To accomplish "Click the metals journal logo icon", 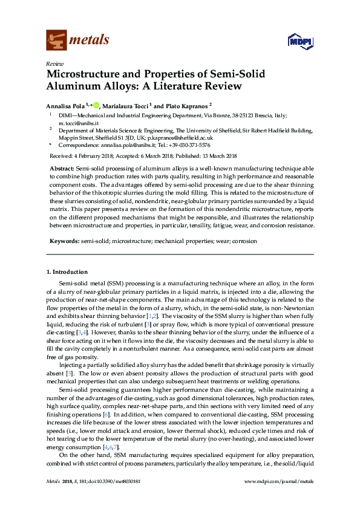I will point(57,40).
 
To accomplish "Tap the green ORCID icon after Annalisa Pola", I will point(95,105).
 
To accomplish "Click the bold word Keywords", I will point(64,241).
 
